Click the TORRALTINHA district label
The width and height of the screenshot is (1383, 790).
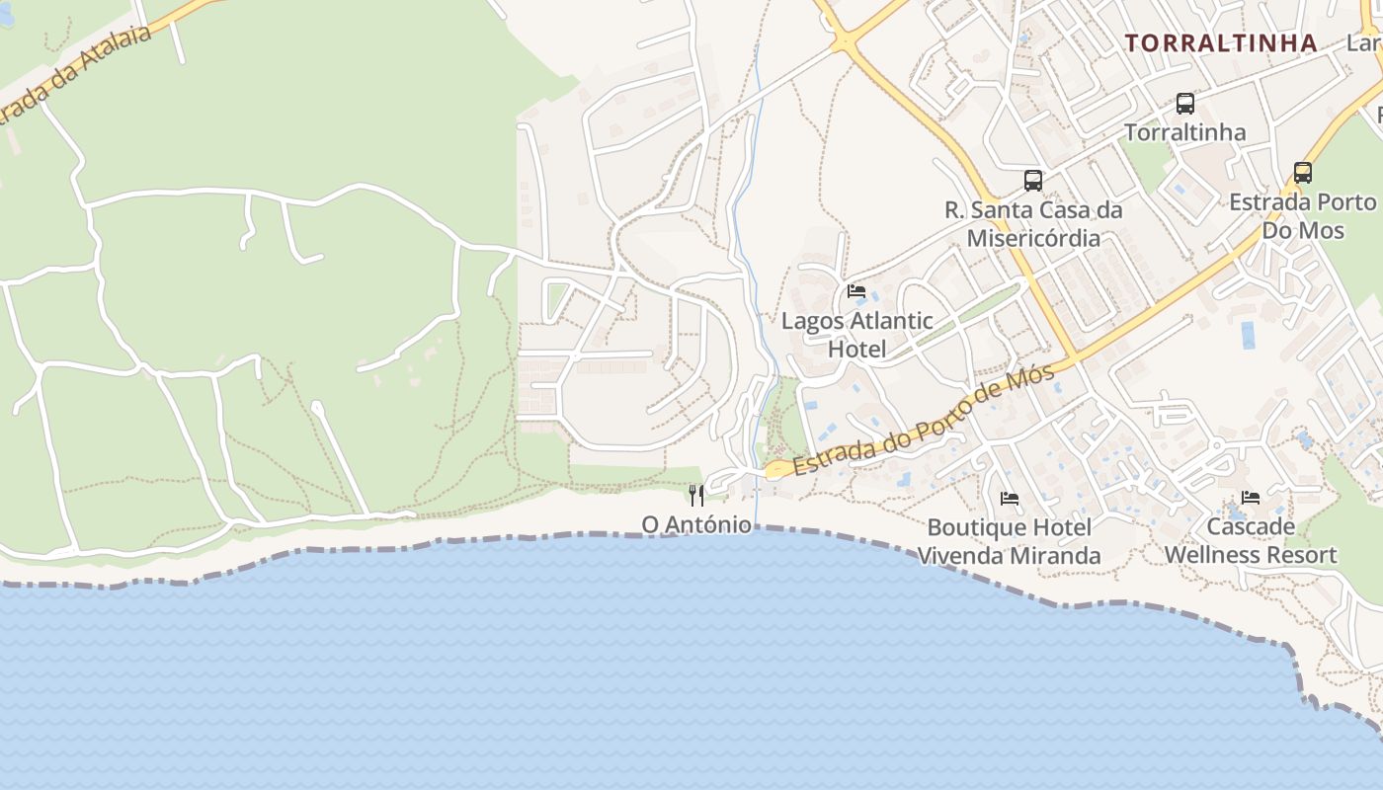click(x=1221, y=42)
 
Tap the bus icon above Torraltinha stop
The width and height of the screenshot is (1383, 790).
click(x=1185, y=103)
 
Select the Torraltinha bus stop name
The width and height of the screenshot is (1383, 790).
click(x=1185, y=132)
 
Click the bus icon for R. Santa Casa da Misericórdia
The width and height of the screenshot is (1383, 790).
click(x=1033, y=180)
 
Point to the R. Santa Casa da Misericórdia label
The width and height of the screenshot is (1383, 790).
click(x=1033, y=224)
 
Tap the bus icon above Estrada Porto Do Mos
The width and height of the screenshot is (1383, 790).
click(x=1303, y=173)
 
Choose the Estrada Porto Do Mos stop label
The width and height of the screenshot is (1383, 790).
click(x=1303, y=216)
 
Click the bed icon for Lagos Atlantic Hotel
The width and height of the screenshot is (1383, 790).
click(x=856, y=291)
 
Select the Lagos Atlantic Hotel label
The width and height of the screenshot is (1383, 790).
click(x=856, y=335)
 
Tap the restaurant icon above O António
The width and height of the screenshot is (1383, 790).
click(x=697, y=495)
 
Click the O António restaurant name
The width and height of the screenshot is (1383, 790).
click(x=696, y=524)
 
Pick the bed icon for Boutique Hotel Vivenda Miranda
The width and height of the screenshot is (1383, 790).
click(x=1010, y=499)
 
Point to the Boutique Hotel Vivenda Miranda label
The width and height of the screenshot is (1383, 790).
click(x=1010, y=541)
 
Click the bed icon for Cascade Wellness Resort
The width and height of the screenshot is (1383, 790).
click(x=1251, y=498)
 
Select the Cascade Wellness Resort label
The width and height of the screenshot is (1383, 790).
click(x=1251, y=540)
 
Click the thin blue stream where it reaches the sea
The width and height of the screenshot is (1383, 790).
click(x=757, y=524)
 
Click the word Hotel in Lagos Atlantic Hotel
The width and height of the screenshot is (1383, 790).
click(x=856, y=350)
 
